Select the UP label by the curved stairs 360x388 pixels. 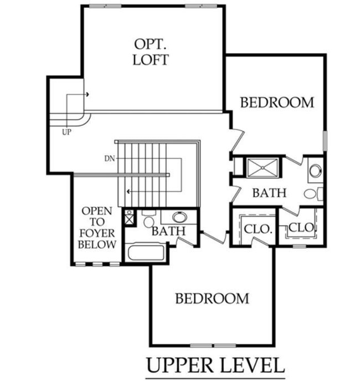[66, 132]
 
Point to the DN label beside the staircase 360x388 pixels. [109, 158]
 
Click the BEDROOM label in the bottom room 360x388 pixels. [212, 298]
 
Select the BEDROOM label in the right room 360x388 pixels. [276, 102]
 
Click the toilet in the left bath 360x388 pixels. [148, 220]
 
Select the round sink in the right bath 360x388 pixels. [315, 171]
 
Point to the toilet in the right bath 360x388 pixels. [312, 193]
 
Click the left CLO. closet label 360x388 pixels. [255, 227]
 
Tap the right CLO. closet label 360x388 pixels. [302, 227]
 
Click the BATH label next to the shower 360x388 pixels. [269, 193]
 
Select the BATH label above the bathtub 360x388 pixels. [168, 231]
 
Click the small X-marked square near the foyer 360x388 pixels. [129, 218]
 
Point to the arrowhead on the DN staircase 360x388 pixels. [128, 191]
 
